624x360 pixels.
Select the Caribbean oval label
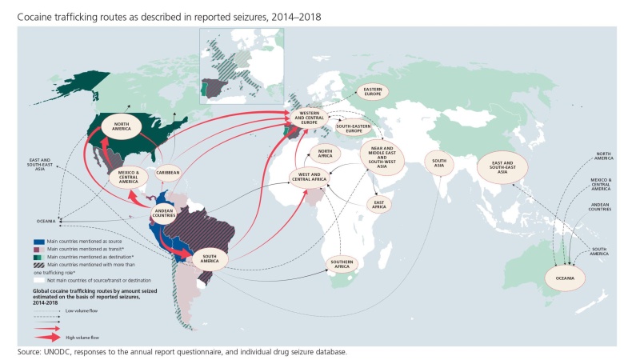click(x=168, y=172)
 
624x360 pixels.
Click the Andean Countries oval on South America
click(x=165, y=214)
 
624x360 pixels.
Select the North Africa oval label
click(x=324, y=153)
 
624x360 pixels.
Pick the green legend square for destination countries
click(x=41, y=254)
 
